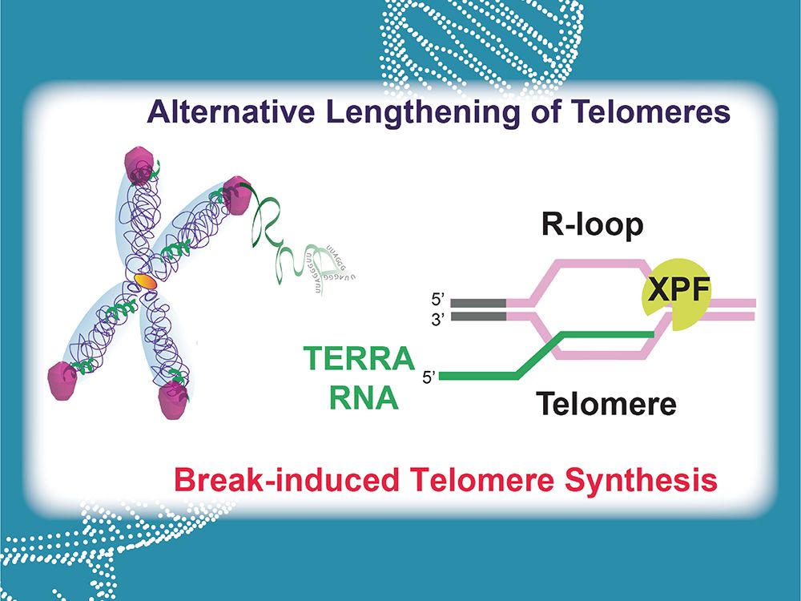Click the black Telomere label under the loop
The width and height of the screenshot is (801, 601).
tap(606, 403)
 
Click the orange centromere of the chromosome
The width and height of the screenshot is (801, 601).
tap(144, 280)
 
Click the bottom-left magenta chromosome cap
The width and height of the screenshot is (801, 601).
tap(64, 376)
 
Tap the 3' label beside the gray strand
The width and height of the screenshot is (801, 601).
tap(436, 318)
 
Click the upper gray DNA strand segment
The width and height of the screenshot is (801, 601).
tap(478, 303)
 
